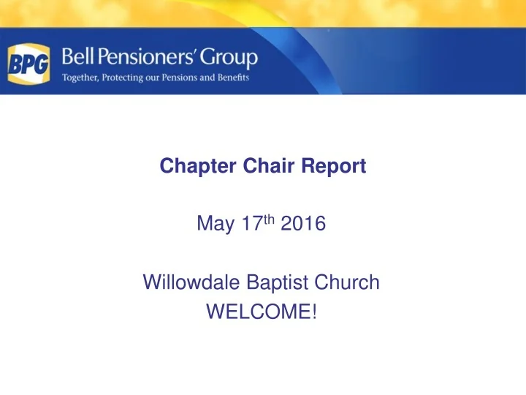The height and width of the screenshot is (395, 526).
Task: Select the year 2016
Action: click(302, 225)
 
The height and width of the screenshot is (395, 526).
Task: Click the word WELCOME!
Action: click(262, 312)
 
